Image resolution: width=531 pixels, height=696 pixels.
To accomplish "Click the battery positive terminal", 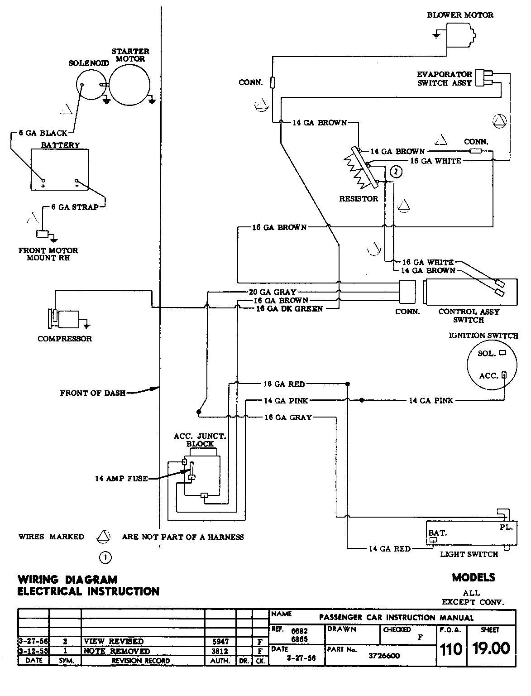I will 43,180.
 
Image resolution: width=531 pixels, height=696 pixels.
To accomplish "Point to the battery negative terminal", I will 77,180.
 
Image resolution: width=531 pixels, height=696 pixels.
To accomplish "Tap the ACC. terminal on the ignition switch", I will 504,374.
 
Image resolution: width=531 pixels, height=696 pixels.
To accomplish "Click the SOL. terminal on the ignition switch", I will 502,352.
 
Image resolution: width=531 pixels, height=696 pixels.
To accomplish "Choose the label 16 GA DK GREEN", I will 290,308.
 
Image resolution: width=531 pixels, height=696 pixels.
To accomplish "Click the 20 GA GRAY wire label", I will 273,292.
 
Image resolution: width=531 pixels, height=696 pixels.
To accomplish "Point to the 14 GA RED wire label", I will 389,549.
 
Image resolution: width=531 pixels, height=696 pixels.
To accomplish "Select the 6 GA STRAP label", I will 74,207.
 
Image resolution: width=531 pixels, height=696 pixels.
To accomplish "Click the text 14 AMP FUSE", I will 121,478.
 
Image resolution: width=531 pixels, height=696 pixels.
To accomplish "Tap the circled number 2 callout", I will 395,172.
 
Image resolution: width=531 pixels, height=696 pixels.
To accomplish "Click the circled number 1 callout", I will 105,557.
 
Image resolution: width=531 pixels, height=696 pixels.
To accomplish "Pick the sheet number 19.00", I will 491,648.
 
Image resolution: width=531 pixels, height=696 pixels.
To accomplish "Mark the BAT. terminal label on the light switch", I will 437,533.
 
